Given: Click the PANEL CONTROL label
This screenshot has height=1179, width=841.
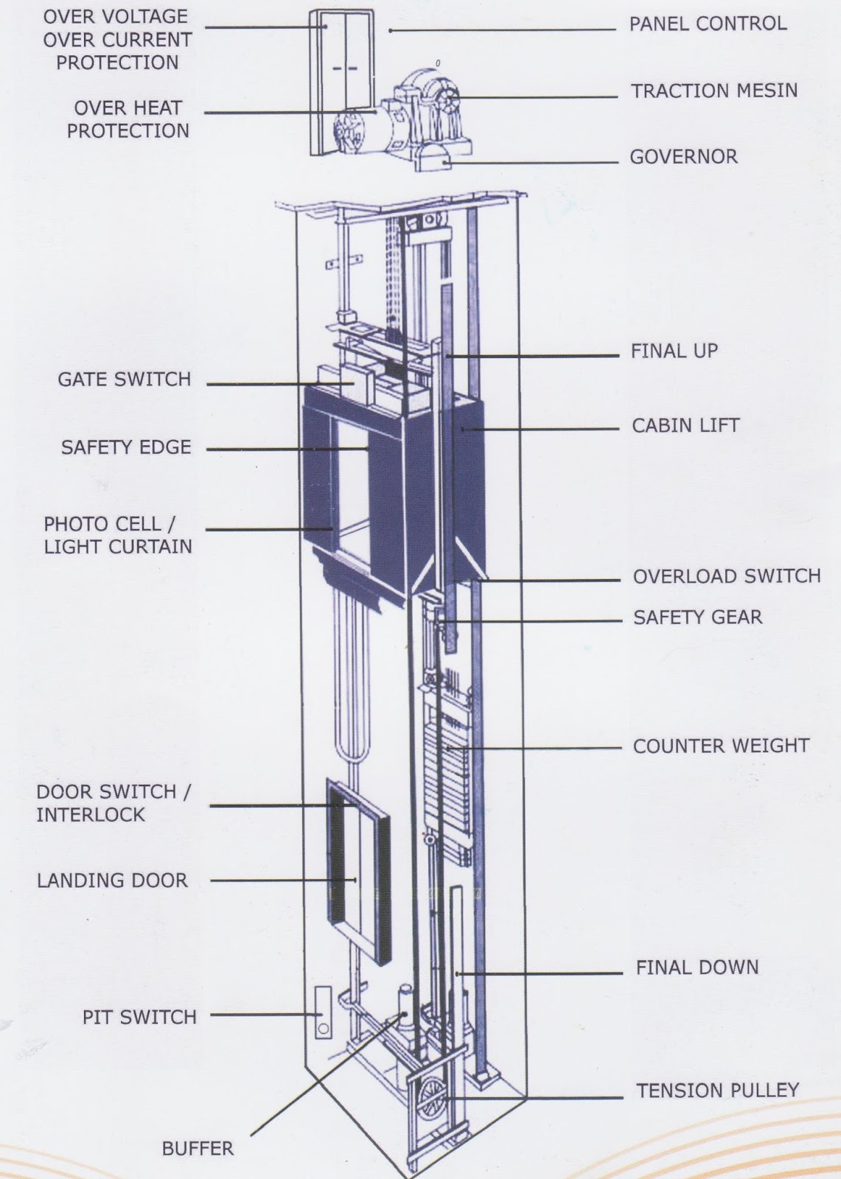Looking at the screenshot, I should [707, 24].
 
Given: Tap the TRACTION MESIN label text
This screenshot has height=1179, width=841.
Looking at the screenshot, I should [713, 91].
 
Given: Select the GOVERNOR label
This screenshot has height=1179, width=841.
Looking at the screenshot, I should [683, 157].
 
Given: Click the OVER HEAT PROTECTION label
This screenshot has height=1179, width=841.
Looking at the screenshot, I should [128, 119].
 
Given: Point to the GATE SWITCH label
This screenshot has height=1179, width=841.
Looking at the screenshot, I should [125, 379].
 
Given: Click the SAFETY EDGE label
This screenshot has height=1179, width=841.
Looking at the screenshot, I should [126, 447].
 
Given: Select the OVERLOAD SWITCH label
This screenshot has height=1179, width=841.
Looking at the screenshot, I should [726, 576].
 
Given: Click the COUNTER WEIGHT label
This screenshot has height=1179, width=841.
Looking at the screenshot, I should [720, 746].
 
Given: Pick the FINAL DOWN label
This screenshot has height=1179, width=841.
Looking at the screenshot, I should [697, 968].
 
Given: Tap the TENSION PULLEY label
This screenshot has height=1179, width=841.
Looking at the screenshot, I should [717, 1091].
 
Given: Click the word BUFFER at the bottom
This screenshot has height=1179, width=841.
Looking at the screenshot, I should [198, 1149].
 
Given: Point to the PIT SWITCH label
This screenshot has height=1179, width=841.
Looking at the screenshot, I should [139, 1018].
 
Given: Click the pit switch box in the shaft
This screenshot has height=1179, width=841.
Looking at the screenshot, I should [323, 1012].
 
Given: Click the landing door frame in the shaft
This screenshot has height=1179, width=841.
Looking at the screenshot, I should [358, 870].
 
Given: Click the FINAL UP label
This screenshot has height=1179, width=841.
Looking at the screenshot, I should [674, 351].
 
